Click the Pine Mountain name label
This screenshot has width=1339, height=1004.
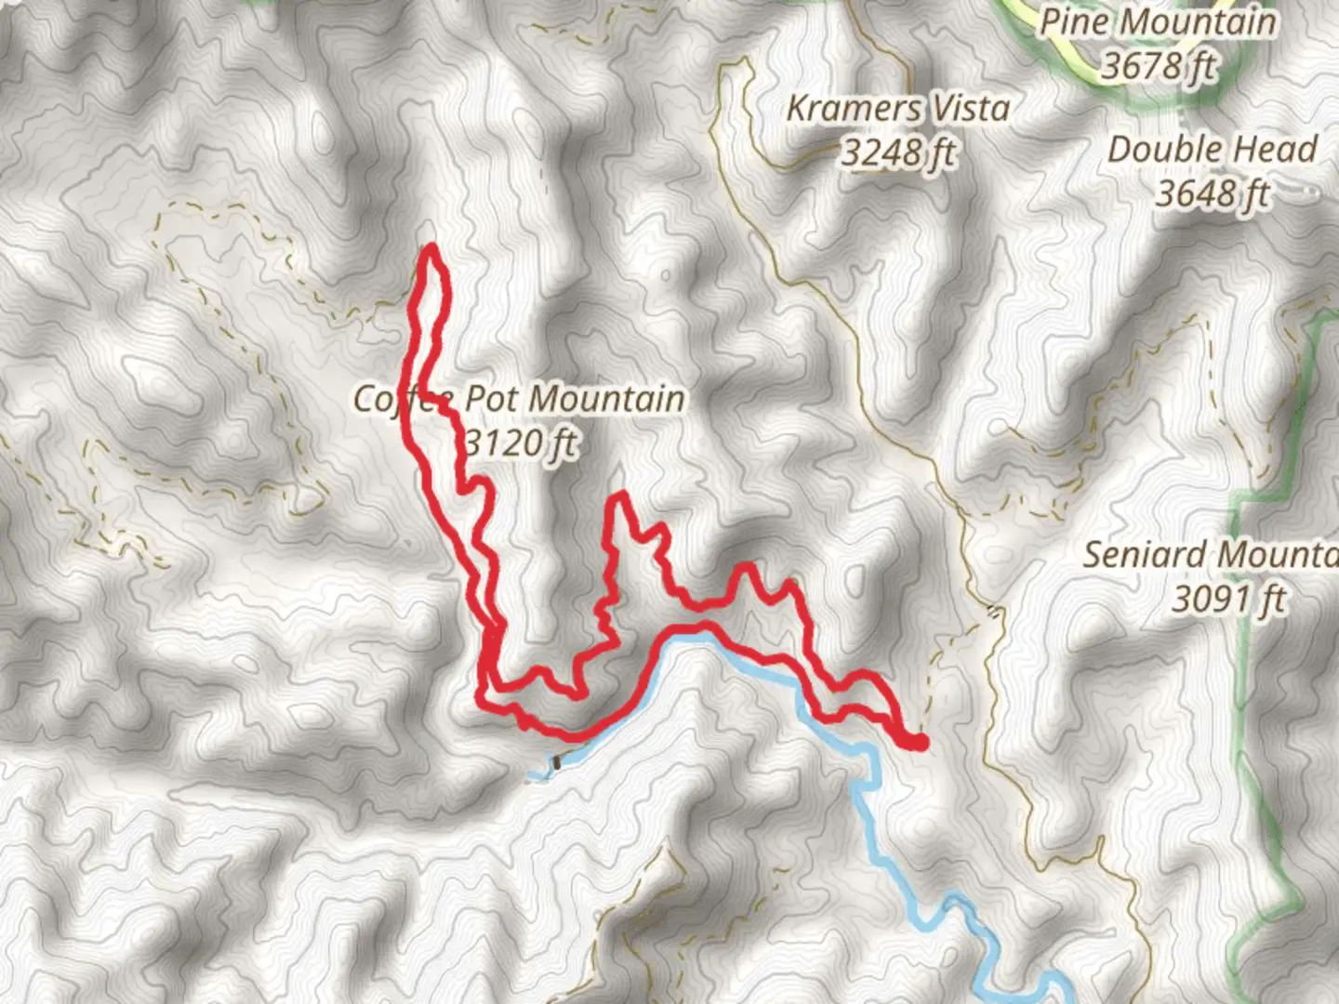pyautogui.click(x=1157, y=22)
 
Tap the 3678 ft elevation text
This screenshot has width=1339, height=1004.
pyautogui.click(x=1159, y=65)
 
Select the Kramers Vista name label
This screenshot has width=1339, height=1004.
pyautogui.click(x=898, y=109)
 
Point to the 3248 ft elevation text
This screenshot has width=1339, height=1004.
pyautogui.click(x=898, y=152)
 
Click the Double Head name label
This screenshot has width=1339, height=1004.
pyautogui.click(x=1213, y=150)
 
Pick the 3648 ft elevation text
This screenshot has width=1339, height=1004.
pyautogui.click(x=1213, y=193)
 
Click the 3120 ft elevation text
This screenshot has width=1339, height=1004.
pyautogui.click(x=521, y=443)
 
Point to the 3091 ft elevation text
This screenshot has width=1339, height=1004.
pyautogui.click(x=1228, y=599)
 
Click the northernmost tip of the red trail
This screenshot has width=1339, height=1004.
pyautogui.click(x=432, y=247)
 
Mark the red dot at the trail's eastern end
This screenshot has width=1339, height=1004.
pyautogui.click(x=919, y=741)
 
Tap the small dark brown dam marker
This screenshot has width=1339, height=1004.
pyautogui.click(x=557, y=762)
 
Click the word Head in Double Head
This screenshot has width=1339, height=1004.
pyautogui.click(x=1283, y=150)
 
